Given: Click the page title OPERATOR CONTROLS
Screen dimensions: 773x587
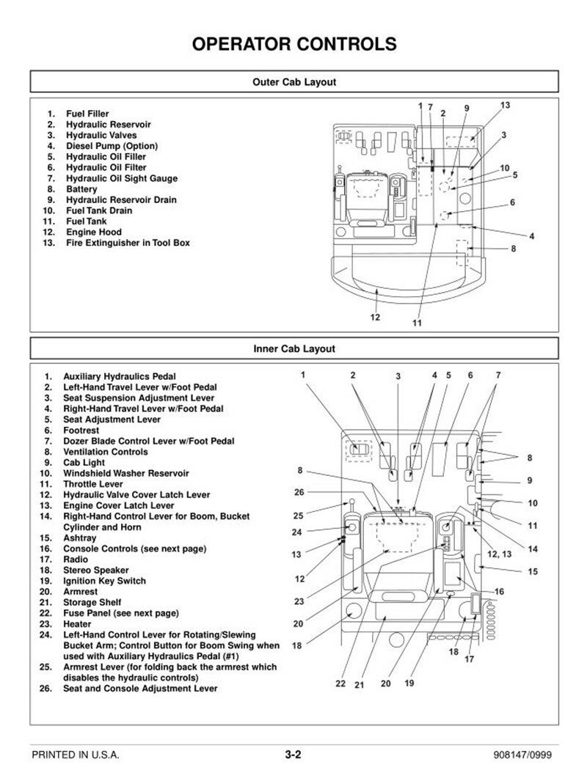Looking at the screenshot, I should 293,44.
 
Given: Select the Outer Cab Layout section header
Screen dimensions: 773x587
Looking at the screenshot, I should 293,82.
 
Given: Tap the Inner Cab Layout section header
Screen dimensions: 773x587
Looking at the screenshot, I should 293,349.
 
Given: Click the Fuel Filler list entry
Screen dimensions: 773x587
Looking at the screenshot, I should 87,114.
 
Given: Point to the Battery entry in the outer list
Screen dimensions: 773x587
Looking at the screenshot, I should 81,189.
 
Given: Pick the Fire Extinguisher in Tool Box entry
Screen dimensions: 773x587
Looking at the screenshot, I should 128,243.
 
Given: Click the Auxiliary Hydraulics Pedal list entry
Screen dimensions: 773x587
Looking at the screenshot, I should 120,376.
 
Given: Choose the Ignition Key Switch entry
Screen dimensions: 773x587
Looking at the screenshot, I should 104,581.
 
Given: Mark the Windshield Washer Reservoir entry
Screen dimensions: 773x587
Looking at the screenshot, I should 125,473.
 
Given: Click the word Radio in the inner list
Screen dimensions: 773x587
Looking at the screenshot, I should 76,559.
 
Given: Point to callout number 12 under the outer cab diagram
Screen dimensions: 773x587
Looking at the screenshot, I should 375,317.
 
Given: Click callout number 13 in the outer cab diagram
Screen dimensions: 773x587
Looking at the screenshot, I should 505,105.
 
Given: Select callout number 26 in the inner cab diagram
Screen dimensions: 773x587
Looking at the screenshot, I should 299,492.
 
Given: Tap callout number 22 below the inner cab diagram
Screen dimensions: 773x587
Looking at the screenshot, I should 340,683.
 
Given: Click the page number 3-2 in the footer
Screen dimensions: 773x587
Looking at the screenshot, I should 293,754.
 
